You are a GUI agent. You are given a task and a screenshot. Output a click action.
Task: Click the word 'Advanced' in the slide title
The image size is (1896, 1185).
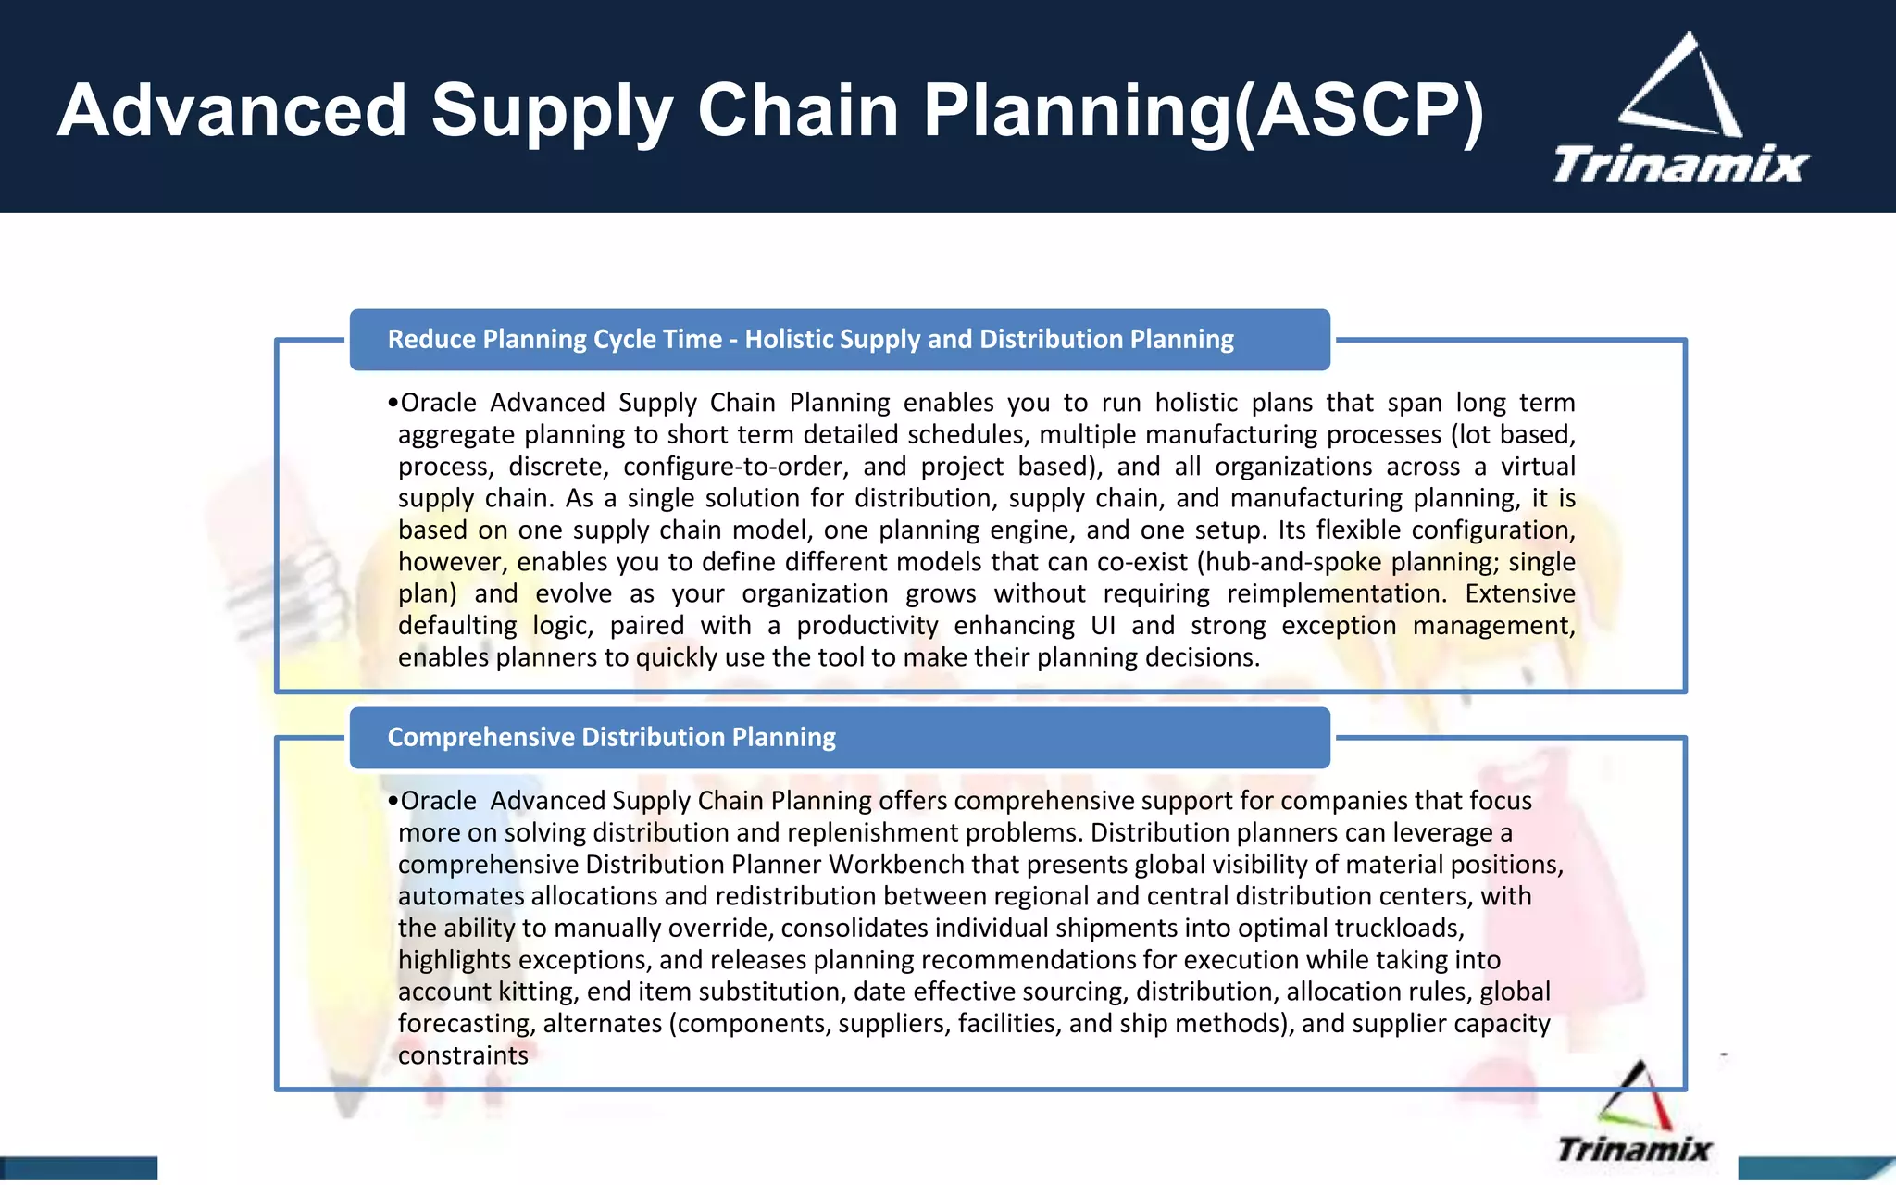coord(231,111)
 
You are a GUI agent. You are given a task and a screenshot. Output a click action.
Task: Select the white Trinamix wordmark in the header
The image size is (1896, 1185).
coord(1680,165)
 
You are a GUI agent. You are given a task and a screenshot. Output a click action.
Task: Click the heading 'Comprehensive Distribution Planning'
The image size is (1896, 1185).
coord(611,737)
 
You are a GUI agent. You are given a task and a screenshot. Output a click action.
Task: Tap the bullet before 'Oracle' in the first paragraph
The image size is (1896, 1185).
coord(393,404)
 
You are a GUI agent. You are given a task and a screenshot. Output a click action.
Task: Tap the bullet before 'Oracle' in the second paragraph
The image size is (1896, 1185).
coord(393,802)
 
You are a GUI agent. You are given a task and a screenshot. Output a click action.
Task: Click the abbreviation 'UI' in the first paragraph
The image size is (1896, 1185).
coord(1103,626)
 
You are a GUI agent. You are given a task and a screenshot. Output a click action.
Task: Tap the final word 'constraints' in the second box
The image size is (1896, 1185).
coord(463,1055)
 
